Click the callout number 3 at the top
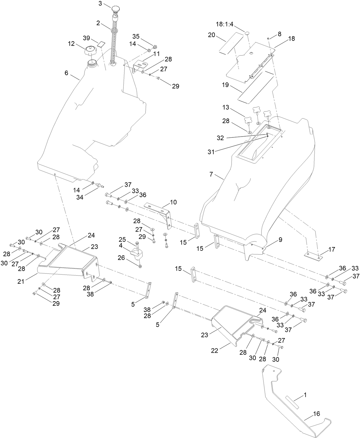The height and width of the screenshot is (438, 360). pyautogui.click(x=100, y=3)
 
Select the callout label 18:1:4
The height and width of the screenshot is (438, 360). pyautogui.click(x=225, y=25)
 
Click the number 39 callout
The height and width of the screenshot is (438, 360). pyautogui.click(x=86, y=38)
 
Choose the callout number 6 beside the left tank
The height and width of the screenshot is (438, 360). pyautogui.click(x=66, y=73)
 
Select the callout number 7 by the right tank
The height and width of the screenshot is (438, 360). pyautogui.click(x=211, y=174)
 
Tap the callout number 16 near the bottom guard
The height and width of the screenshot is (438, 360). pyautogui.click(x=316, y=414)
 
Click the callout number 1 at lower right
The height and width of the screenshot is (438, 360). pyautogui.click(x=305, y=395)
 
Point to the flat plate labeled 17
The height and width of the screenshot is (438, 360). pyautogui.click(x=313, y=256)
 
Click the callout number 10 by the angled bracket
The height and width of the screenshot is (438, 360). pyautogui.click(x=173, y=202)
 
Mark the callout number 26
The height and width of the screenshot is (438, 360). pyautogui.click(x=121, y=258)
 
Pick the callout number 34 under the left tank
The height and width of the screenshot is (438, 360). pyautogui.click(x=80, y=197)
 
